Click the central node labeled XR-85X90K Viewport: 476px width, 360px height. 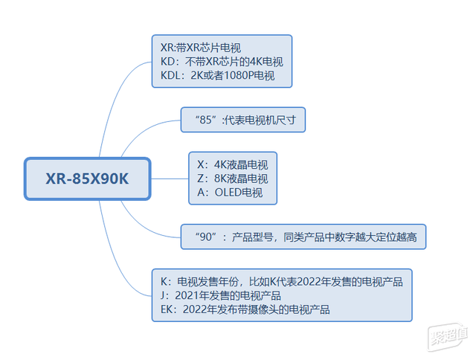click(x=88, y=179)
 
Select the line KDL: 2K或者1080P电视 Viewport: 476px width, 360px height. click(x=217, y=75)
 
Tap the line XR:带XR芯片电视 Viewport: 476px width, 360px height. click(x=200, y=48)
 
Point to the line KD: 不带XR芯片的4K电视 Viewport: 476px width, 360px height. click(x=222, y=62)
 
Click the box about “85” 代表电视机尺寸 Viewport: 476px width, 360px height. click(x=243, y=120)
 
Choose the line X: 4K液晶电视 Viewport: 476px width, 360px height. click(x=233, y=164)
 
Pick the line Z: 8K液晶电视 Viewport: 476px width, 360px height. click(x=233, y=179)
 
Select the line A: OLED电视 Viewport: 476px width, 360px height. click(x=230, y=193)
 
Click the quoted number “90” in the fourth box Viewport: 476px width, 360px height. click(x=206, y=237)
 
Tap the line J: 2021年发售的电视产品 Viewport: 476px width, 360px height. click(x=221, y=295)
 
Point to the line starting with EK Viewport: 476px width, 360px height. click(x=245, y=309)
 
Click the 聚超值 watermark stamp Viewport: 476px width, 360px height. click(x=448, y=336)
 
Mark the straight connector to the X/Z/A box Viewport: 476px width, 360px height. click(x=170, y=179)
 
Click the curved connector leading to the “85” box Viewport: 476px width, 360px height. click(x=143, y=130)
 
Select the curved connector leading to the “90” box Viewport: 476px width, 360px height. click(x=143, y=226)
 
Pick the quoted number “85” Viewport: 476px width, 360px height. click(x=206, y=120)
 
